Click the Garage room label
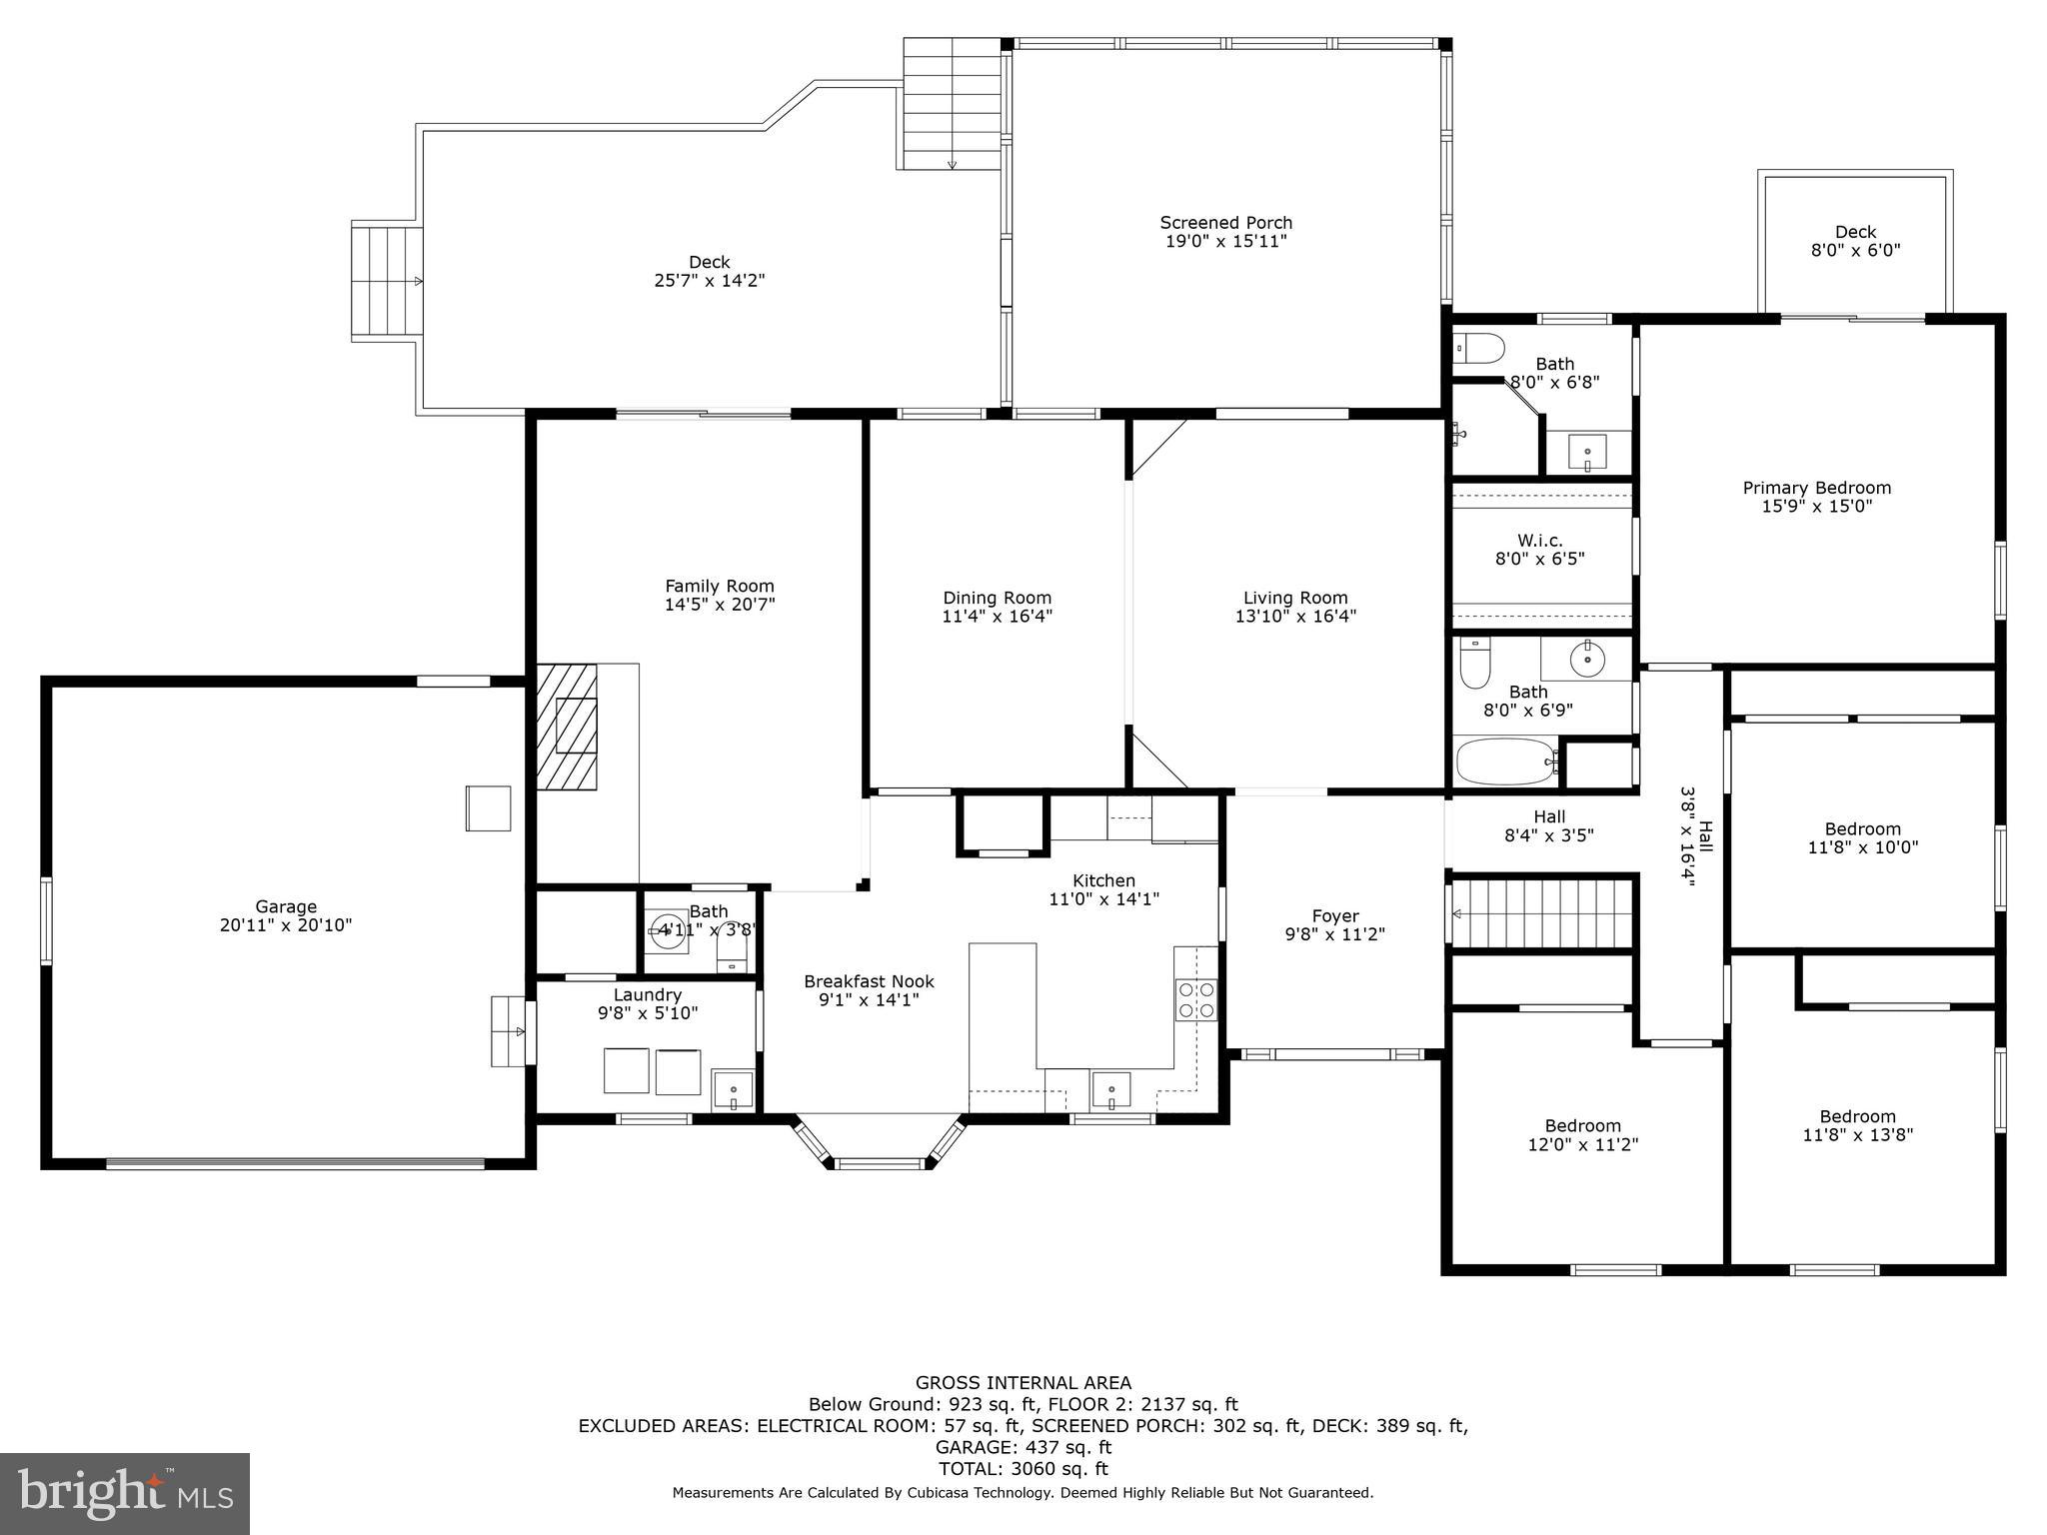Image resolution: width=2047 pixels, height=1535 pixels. point(286,906)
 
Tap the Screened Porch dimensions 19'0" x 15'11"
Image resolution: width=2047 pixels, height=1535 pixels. point(1225,241)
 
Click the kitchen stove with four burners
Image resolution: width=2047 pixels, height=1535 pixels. point(1195,999)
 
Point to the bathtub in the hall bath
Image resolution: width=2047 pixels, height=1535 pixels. point(1505,763)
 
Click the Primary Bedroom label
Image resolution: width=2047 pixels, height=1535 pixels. point(1816,488)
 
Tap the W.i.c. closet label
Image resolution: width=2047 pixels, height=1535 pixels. point(1539,541)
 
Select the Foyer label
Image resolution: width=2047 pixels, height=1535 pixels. point(1335,916)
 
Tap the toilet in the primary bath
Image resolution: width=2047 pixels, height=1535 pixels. point(1479,348)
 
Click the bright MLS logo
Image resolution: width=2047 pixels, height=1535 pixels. point(125,1493)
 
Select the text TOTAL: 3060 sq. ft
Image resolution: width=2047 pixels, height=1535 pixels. point(1023,1469)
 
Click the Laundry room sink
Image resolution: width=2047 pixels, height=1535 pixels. point(733,1089)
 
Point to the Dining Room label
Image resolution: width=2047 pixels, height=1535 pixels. point(997,598)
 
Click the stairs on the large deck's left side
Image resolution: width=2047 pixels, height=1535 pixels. point(386,282)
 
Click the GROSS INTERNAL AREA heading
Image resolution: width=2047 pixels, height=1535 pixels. point(1023,1383)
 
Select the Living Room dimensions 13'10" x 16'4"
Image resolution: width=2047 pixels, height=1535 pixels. point(1295,617)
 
